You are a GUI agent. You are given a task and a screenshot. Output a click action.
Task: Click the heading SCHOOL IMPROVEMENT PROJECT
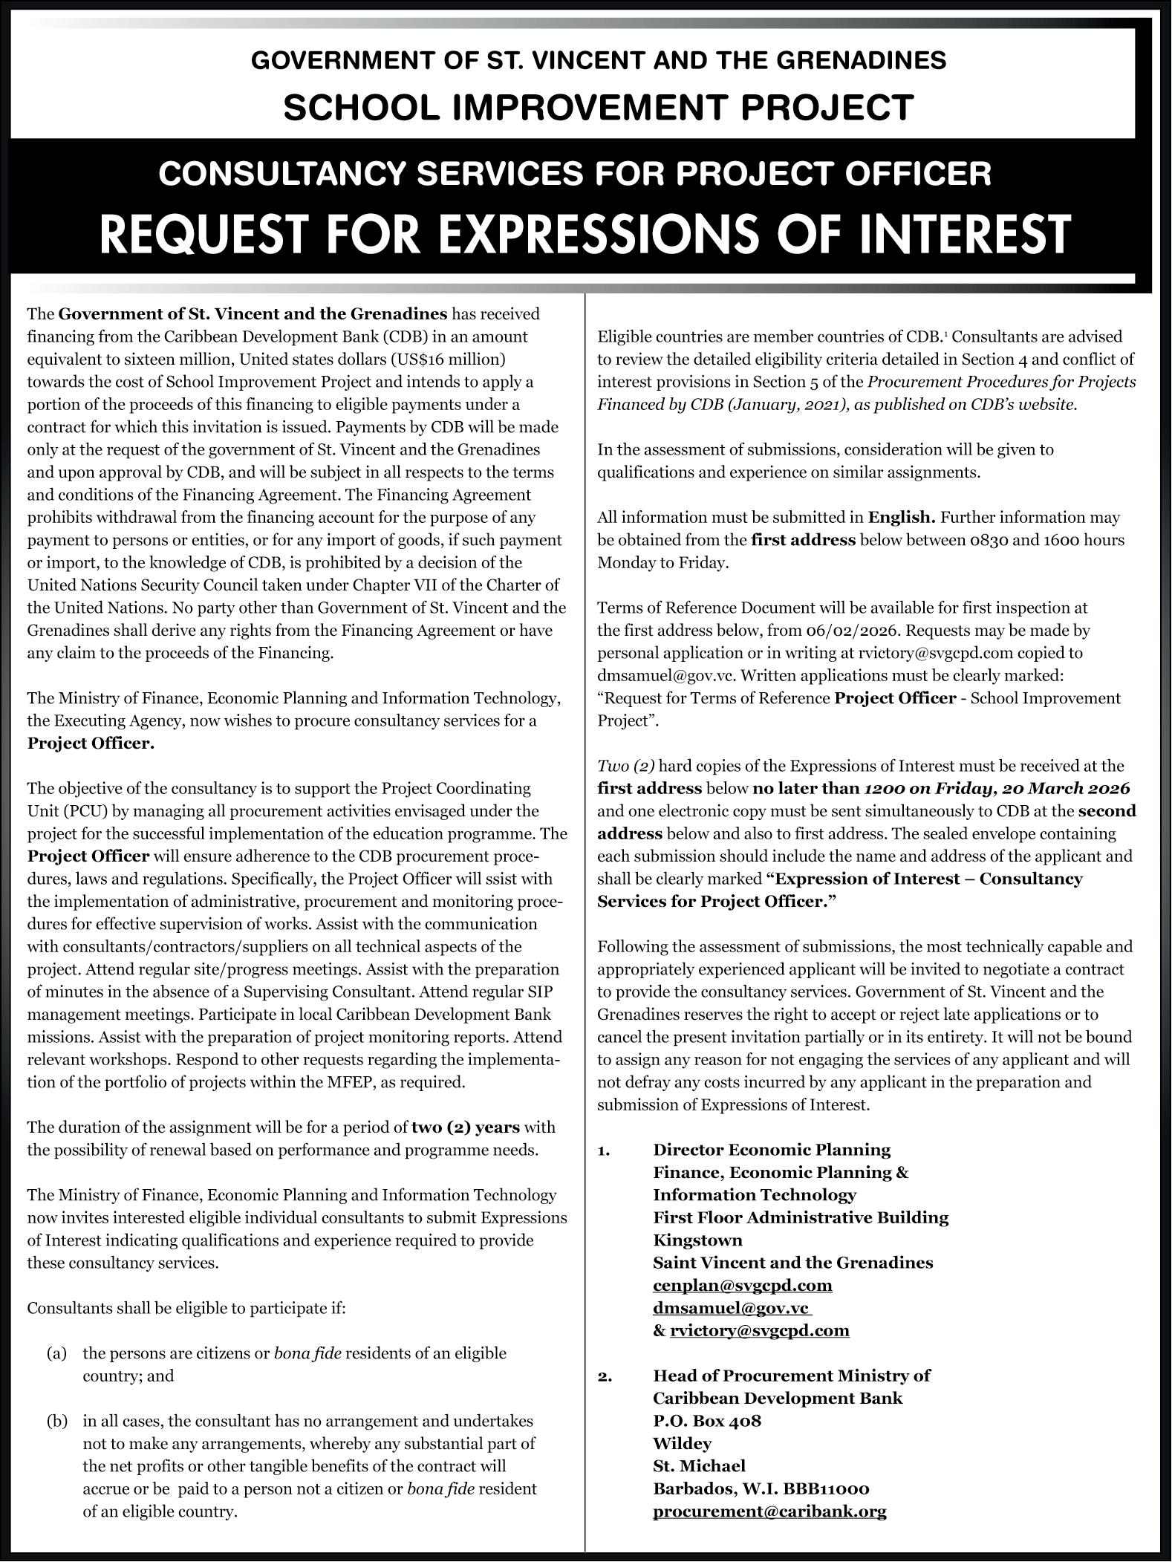[x=598, y=108]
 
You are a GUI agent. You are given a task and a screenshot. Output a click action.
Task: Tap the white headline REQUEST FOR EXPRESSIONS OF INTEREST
[x=585, y=233]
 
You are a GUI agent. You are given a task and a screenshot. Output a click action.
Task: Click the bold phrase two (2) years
[x=466, y=1127]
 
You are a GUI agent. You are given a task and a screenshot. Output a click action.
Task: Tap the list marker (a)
[x=57, y=1353]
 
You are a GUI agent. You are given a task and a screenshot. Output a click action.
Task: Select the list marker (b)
[x=57, y=1422]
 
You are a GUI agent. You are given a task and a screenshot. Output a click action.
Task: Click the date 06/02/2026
[x=851, y=631]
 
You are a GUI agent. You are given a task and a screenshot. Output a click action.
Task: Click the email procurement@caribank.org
[x=769, y=1511]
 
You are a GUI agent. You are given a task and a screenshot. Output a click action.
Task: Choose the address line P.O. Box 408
[x=706, y=1422]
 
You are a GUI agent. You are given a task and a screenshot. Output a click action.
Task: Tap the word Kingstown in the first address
[x=697, y=1240]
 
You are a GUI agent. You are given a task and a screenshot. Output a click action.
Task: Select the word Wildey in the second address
[x=682, y=1444]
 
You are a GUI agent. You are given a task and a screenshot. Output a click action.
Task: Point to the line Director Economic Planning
[x=771, y=1150]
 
